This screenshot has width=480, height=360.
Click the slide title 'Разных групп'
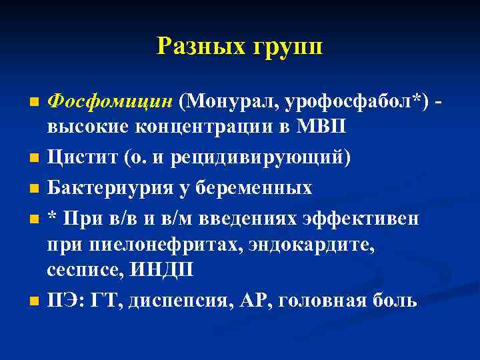click(239, 46)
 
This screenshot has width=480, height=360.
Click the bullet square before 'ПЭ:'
click(34, 301)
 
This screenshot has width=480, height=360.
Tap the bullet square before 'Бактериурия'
click(34, 189)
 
